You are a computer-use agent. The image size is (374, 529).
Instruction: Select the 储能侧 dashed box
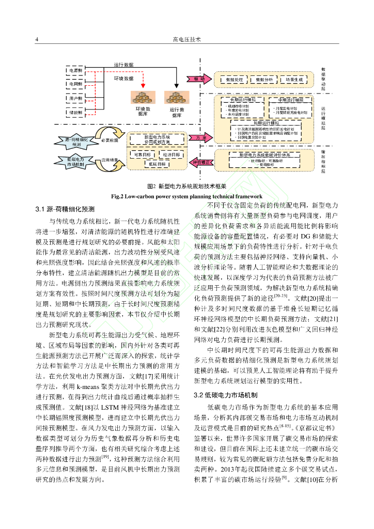pos(74,112)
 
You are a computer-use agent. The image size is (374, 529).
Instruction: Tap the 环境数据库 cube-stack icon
pos(143,98)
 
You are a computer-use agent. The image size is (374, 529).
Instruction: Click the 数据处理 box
pos(235,80)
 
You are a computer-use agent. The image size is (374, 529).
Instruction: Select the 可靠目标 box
pos(143,155)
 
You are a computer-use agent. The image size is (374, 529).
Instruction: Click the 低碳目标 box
pos(159,164)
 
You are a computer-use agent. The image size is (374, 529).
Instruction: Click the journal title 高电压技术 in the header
pos(186,40)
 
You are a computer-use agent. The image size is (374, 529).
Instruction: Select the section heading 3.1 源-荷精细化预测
pos(65,209)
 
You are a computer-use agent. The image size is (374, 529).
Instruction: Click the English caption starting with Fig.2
pos(186,196)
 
